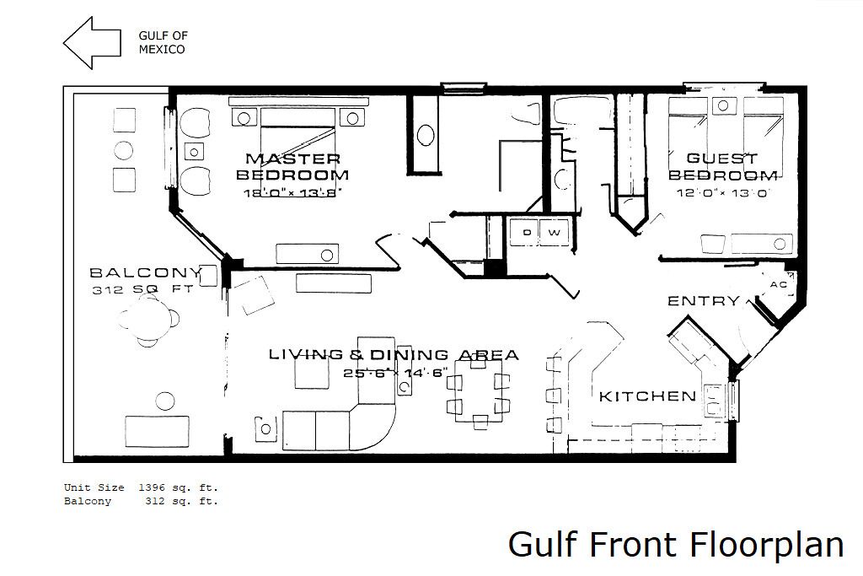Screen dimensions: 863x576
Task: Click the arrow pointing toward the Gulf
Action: [91, 43]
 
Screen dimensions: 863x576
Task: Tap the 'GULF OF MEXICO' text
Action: [163, 42]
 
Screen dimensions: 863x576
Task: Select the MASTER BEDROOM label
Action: [292, 167]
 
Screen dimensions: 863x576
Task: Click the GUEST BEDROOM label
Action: [722, 167]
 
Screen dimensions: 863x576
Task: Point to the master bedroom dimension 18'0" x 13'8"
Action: [292, 193]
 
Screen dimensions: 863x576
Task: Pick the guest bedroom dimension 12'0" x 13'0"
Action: [722, 193]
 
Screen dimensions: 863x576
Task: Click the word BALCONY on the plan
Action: [146, 272]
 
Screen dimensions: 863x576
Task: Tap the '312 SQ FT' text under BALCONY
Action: [142, 289]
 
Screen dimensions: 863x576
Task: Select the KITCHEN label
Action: [647, 396]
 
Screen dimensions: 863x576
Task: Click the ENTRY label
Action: [704, 301]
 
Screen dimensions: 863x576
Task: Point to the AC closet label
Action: [778, 285]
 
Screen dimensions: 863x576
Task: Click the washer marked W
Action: [555, 233]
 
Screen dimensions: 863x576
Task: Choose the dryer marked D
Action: [526, 233]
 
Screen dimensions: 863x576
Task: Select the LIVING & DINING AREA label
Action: [394, 355]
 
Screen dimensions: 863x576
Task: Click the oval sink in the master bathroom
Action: [426, 136]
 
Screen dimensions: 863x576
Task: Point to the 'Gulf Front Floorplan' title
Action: [676, 545]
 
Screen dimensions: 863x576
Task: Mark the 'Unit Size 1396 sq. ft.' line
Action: [141, 487]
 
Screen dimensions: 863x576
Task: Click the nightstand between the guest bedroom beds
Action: [724, 105]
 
